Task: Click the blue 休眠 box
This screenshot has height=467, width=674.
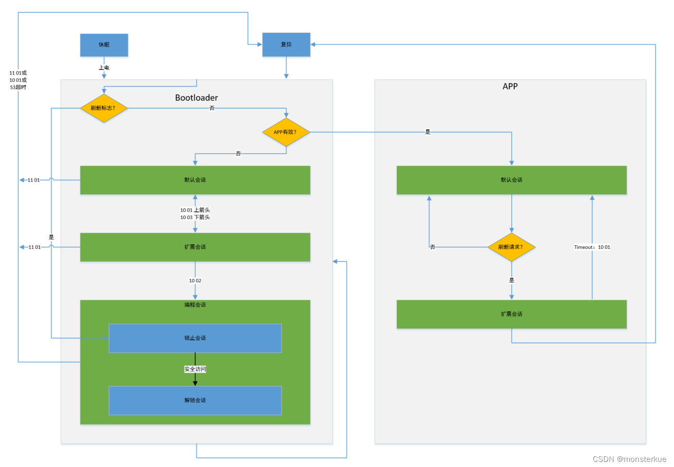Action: coord(104,45)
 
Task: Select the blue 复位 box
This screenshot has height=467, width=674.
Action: coord(286,45)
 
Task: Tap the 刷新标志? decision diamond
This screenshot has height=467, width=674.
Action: coord(104,108)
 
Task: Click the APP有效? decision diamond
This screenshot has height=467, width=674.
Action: coord(286,132)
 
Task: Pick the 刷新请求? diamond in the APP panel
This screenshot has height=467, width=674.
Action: coord(511,247)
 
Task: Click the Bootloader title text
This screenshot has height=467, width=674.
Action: coord(196,98)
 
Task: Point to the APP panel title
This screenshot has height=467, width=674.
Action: coord(510,87)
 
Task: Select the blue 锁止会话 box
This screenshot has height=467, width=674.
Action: coord(195,338)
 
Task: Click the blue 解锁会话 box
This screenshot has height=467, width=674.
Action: coord(195,400)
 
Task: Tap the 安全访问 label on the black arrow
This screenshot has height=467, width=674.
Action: coord(195,369)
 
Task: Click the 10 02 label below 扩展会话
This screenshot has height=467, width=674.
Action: coord(195,281)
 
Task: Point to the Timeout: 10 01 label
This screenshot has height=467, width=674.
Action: coord(592,247)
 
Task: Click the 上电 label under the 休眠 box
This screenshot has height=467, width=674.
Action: coord(104,68)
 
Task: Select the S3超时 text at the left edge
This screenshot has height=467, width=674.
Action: coord(18,87)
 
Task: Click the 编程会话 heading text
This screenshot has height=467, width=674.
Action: coord(195,305)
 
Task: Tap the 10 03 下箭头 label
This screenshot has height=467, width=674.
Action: coord(195,217)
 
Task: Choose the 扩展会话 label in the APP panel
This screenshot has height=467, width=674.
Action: coord(512,314)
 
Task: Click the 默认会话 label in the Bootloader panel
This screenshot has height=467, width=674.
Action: coord(195,180)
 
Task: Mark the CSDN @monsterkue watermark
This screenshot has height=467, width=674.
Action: coord(629,459)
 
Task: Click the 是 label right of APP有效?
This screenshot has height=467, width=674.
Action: coord(427,132)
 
